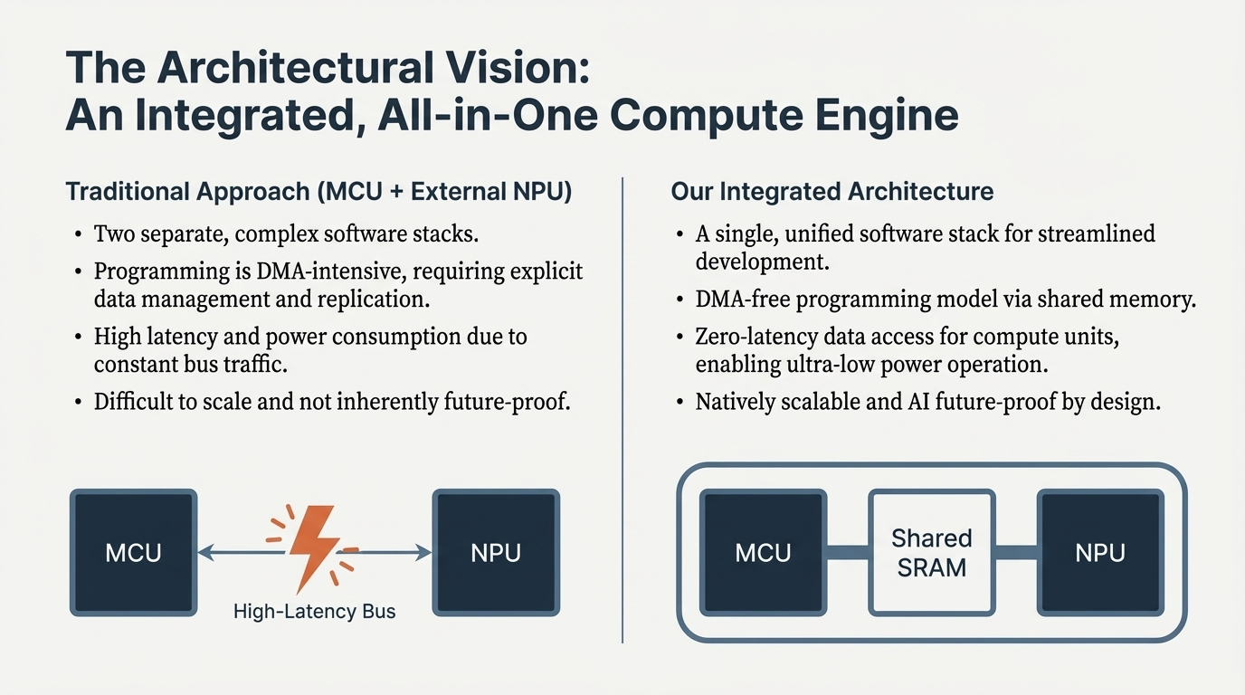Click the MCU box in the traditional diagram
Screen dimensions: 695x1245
tap(133, 553)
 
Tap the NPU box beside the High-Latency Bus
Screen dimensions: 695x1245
tap(496, 553)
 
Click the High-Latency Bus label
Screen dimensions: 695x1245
tap(314, 612)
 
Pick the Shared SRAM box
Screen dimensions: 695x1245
tap(931, 553)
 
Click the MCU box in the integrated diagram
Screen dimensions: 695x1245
tap(763, 553)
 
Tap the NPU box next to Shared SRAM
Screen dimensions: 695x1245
tap(1100, 553)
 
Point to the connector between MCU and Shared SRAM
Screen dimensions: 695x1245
tap(847, 552)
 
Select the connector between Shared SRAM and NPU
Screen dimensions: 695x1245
tap(1015, 552)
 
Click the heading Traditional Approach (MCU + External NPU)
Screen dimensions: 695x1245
tap(318, 192)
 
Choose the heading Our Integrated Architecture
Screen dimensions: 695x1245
tap(832, 192)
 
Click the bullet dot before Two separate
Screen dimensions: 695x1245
tap(79, 234)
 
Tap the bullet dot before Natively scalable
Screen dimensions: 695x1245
tap(680, 402)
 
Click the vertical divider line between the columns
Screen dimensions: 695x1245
tap(622, 407)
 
